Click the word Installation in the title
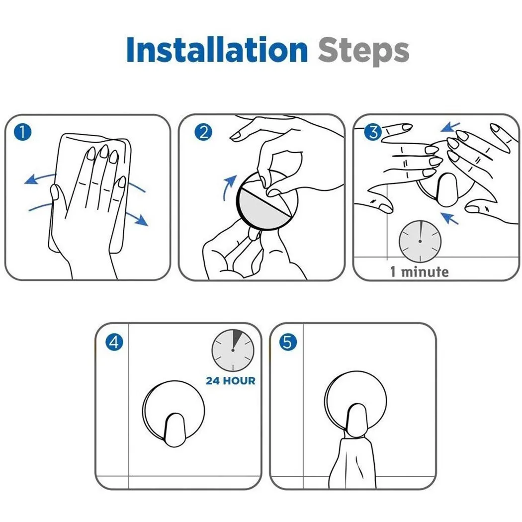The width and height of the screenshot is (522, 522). click(217, 50)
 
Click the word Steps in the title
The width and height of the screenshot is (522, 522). click(363, 51)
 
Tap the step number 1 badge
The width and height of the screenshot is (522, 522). click(23, 132)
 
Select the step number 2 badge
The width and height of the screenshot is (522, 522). click(203, 132)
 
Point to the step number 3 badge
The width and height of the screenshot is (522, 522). click(373, 132)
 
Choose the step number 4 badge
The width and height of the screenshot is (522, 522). click(114, 342)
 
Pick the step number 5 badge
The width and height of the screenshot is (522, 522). click(288, 342)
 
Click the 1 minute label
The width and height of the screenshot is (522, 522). click(420, 271)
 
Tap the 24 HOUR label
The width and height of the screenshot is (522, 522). click(231, 380)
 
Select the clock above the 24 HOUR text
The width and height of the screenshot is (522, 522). click(233, 350)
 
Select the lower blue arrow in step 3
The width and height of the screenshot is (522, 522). click(449, 218)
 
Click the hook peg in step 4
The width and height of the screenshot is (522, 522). click(174, 430)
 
